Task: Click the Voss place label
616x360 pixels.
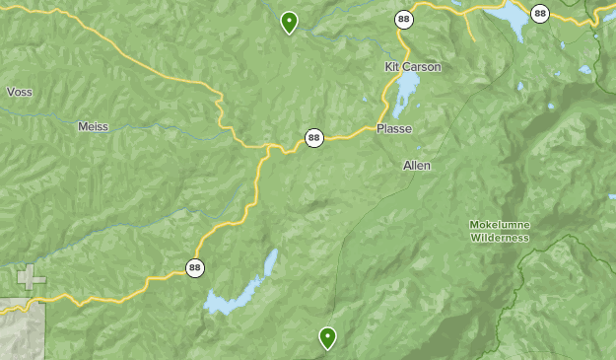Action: [x=20, y=92]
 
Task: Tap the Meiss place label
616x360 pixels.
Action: [x=93, y=126]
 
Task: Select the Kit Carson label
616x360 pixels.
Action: [x=413, y=67]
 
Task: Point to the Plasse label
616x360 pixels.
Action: [x=394, y=129]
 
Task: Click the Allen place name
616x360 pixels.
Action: [x=417, y=166]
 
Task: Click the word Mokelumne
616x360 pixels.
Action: [x=500, y=225]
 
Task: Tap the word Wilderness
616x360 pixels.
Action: [x=500, y=238]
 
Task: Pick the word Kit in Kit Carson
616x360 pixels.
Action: [x=391, y=67]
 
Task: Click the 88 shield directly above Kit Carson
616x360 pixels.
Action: [x=404, y=19]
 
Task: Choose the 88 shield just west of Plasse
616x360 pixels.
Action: [x=313, y=138]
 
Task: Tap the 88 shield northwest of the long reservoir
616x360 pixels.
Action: [x=195, y=266]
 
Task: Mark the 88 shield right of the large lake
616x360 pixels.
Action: [x=539, y=14]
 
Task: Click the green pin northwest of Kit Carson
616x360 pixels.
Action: [x=289, y=21]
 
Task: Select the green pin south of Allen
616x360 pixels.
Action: [x=327, y=337]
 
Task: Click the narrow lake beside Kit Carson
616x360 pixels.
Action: [x=405, y=95]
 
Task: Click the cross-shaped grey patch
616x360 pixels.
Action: [x=31, y=277]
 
